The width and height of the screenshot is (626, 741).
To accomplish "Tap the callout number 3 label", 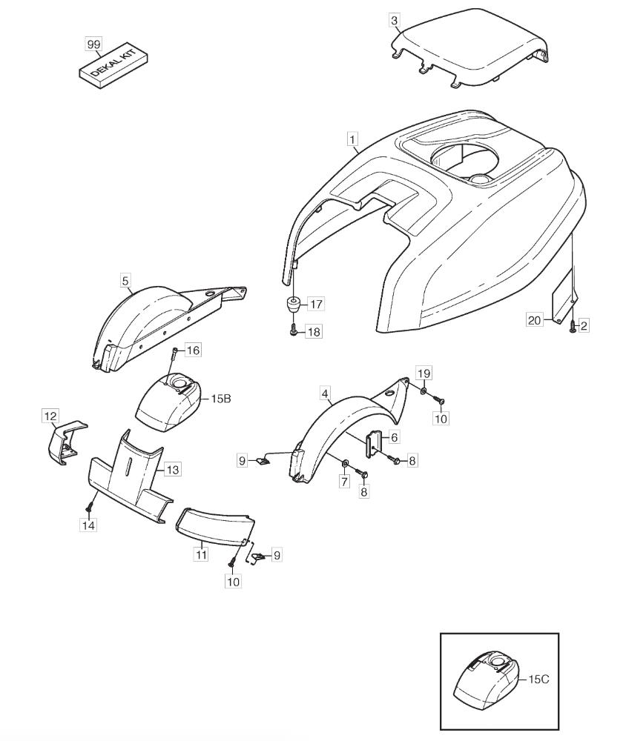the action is click(395, 20).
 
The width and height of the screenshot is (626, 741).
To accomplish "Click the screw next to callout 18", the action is click(294, 331).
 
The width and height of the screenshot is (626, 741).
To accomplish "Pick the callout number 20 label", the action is click(534, 320).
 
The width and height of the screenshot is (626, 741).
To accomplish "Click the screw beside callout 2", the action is click(572, 326).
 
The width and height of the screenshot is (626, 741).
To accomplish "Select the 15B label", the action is click(221, 399).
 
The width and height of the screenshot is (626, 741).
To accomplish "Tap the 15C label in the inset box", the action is click(538, 679).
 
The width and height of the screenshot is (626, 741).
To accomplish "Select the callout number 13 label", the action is click(173, 470).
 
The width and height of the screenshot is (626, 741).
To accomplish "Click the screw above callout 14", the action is click(88, 508).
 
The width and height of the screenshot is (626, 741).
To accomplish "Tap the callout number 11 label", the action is click(202, 554).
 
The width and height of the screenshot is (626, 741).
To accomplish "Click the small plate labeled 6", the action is click(373, 443).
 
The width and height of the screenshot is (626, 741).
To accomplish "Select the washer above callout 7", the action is click(345, 461).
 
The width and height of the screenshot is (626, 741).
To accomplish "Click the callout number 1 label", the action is click(352, 139).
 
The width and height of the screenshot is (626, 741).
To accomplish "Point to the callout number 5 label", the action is click(125, 281).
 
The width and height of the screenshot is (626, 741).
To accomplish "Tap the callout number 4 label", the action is click(325, 393).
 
